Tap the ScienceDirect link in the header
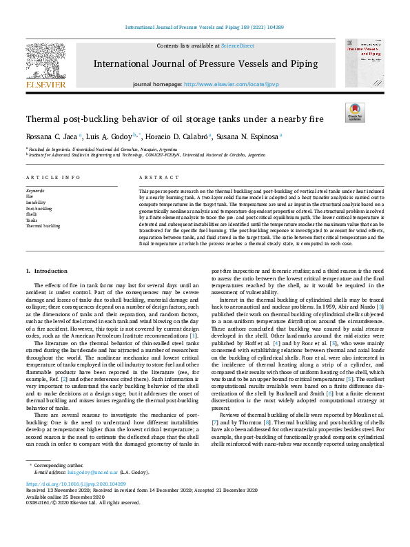point(236,45)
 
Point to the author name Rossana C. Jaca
point(51,136)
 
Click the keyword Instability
point(36,203)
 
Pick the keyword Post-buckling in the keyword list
point(39,208)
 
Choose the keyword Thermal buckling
point(43,225)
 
